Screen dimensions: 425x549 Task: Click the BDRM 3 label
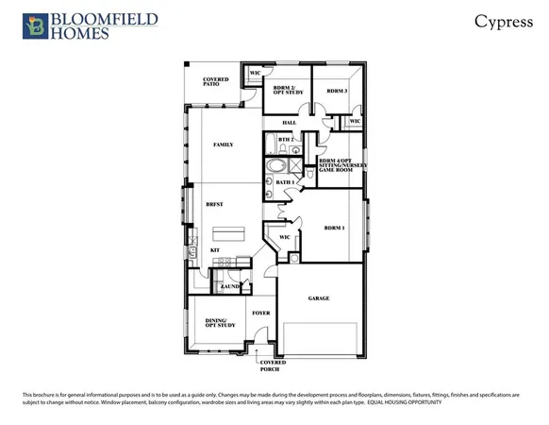(338, 91)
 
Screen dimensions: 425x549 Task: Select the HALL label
(290, 123)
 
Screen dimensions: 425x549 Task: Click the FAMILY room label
(224, 144)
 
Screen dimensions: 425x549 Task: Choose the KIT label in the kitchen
(215, 249)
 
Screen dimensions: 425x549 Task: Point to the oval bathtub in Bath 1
(278, 166)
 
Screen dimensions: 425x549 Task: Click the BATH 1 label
(285, 181)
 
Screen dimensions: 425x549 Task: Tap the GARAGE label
(319, 298)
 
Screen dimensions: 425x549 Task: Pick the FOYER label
(261, 313)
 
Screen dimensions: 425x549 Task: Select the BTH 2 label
(286, 140)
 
